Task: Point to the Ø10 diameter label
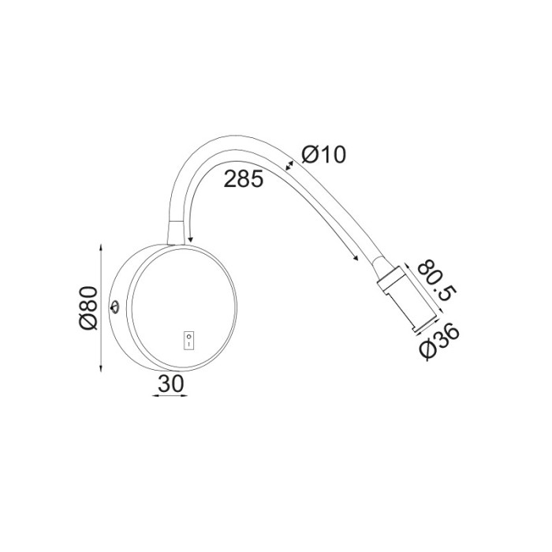coord(323,155)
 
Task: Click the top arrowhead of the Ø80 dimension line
coord(102,247)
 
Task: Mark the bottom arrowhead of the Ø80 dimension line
coord(102,369)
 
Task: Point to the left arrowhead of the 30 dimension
coord(153,397)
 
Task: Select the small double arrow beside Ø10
coord(290,166)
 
